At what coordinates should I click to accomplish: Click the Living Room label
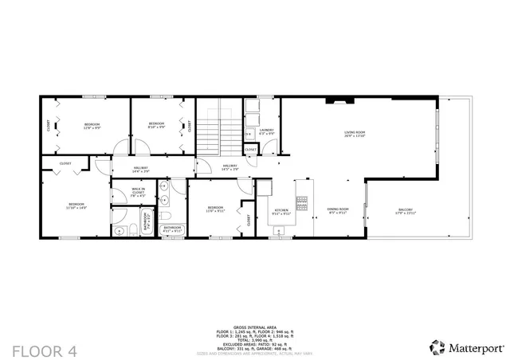355,135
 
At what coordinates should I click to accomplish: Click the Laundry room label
266,131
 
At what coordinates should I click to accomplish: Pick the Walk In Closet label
138,191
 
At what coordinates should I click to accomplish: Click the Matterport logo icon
437,347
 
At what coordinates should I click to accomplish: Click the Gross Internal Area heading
254,327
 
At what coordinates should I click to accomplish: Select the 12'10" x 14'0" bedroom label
76,205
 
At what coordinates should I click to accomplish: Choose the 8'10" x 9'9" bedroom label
156,125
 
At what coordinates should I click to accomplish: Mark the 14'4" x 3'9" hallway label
141,169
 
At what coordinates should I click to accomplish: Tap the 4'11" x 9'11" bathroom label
173,229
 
